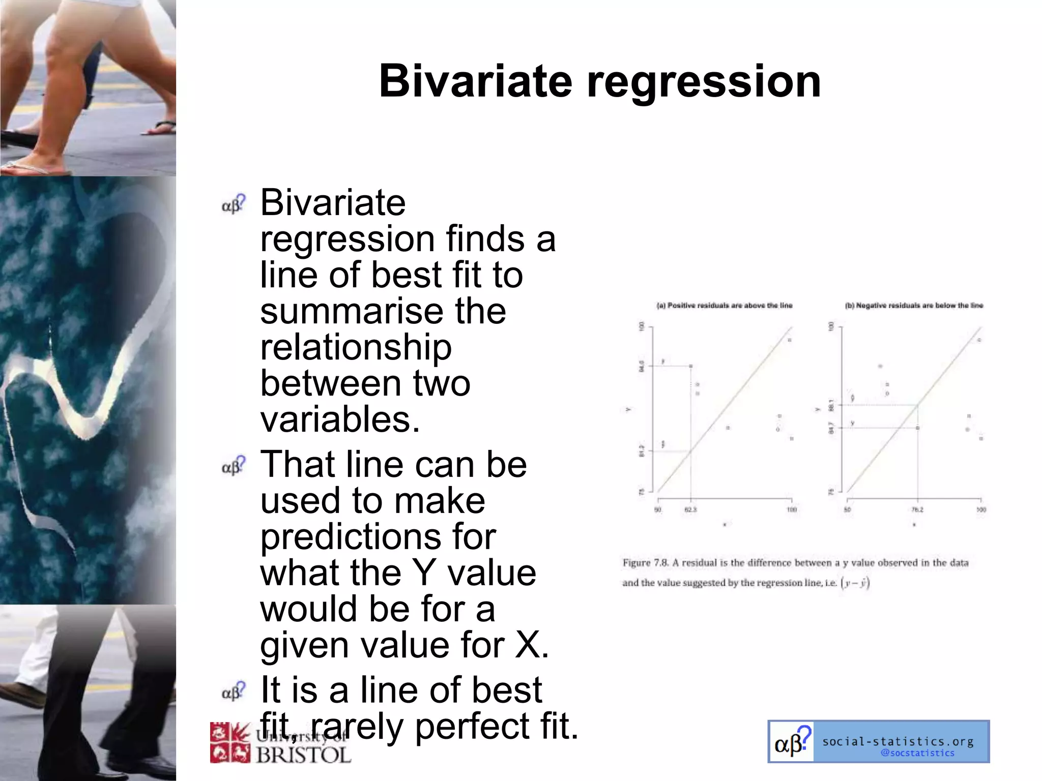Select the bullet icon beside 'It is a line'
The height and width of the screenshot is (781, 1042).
pyautogui.click(x=234, y=692)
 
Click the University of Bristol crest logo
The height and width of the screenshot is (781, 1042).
pyautogui.click(x=230, y=743)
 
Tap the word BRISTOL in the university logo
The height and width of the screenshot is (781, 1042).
pyautogui.click(x=304, y=755)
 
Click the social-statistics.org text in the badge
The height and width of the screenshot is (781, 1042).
pyautogui.click(x=898, y=741)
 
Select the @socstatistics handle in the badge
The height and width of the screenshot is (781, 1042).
pyautogui.click(x=917, y=753)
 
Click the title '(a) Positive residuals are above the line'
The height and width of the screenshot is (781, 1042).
pyautogui.click(x=725, y=306)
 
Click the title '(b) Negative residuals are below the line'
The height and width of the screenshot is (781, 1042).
pyautogui.click(x=914, y=306)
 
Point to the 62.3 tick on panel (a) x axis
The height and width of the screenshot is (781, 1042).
pyautogui.click(x=690, y=509)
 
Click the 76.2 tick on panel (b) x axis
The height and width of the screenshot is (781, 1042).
pyautogui.click(x=917, y=509)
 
